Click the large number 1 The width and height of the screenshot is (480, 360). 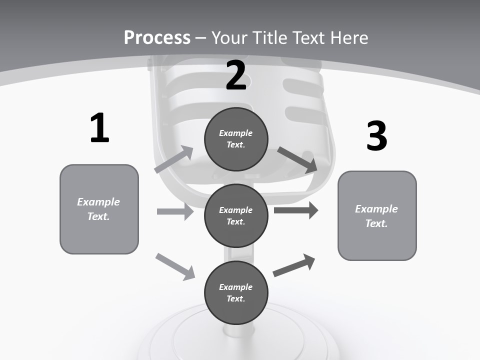pos(99,128)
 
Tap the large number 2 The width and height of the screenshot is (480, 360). pos(236,75)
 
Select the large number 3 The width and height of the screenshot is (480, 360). pos(376,136)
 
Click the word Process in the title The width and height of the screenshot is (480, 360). pos(157,37)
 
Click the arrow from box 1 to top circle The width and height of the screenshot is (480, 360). pos(174,159)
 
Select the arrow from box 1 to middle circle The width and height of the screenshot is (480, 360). pos(175,211)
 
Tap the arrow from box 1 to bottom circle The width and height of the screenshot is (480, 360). pos(175,266)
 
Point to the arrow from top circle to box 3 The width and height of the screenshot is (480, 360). pos(297,159)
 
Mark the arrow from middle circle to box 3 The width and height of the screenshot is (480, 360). pos(296,210)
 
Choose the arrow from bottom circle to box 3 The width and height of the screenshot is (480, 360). pos(294,265)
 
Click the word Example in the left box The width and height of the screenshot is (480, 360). pos(98,202)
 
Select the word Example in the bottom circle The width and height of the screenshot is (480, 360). pos(236,287)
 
